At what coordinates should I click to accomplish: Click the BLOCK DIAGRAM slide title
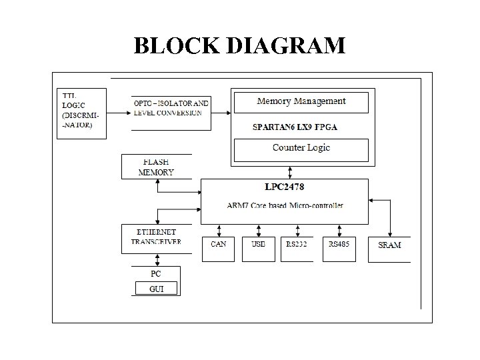click(x=239, y=45)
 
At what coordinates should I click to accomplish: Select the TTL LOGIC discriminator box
click(x=80, y=113)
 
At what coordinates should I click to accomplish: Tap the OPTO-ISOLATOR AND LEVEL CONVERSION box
click(x=171, y=108)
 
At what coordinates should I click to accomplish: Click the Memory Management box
click(x=301, y=102)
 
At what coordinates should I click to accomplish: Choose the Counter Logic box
click(x=301, y=149)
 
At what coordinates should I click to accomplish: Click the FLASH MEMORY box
click(x=156, y=167)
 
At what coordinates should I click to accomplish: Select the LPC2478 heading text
click(x=284, y=187)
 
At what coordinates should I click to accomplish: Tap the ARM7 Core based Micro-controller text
click(x=285, y=205)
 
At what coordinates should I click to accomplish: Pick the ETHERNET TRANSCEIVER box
click(x=156, y=238)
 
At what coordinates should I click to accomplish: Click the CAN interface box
click(x=218, y=248)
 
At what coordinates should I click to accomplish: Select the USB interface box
click(x=258, y=248)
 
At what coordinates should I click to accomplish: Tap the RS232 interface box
click(x=297, y=248)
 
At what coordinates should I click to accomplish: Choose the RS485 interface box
click(x=339, y=248)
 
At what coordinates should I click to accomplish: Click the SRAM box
click(x=389, y=248)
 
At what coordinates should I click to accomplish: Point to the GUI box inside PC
click(x=156, y=289)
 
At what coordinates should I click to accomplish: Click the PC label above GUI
click(x=156, y=273)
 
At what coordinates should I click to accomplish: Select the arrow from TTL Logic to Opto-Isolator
click(x=117, y=113)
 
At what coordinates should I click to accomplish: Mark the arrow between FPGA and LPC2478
click(x=289, y=171)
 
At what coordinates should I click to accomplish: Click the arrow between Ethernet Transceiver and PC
click(x=156, y=259)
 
